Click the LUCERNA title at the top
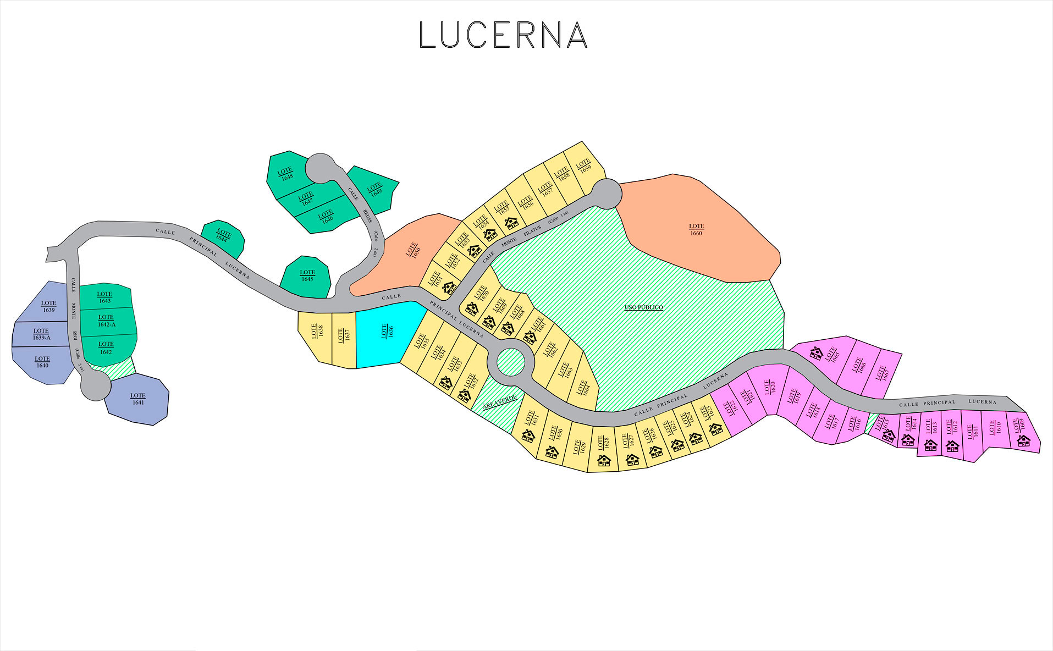coord(503,35)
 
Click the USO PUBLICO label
coord(643,307)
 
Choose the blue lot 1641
coord(137,400)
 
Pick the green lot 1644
coord(223,238)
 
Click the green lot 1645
coord(307,277)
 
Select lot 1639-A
coord(41,334)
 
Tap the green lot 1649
coord(375,190)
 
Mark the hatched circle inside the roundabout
coord(511,362)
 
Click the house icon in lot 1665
coord(817,352)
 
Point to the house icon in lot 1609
coord(1023,440)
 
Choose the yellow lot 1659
coord(583,166)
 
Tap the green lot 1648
coord(286,174)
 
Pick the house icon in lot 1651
coord(450,287)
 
